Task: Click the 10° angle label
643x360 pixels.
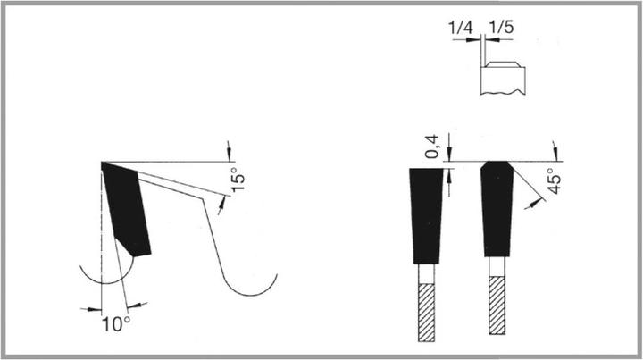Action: (116, 324)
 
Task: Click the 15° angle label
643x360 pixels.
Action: (238, 180)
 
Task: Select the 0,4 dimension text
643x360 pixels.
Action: (432, 147)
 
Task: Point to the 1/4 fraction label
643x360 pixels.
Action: (460, 28)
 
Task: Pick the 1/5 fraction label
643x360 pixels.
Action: (501, 28)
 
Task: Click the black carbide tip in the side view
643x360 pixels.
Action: (126, 209)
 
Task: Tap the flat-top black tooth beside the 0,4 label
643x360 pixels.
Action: (427, 215)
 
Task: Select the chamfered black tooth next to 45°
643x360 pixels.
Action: (497, 209)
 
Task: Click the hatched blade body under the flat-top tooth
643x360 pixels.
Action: (427, 313)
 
